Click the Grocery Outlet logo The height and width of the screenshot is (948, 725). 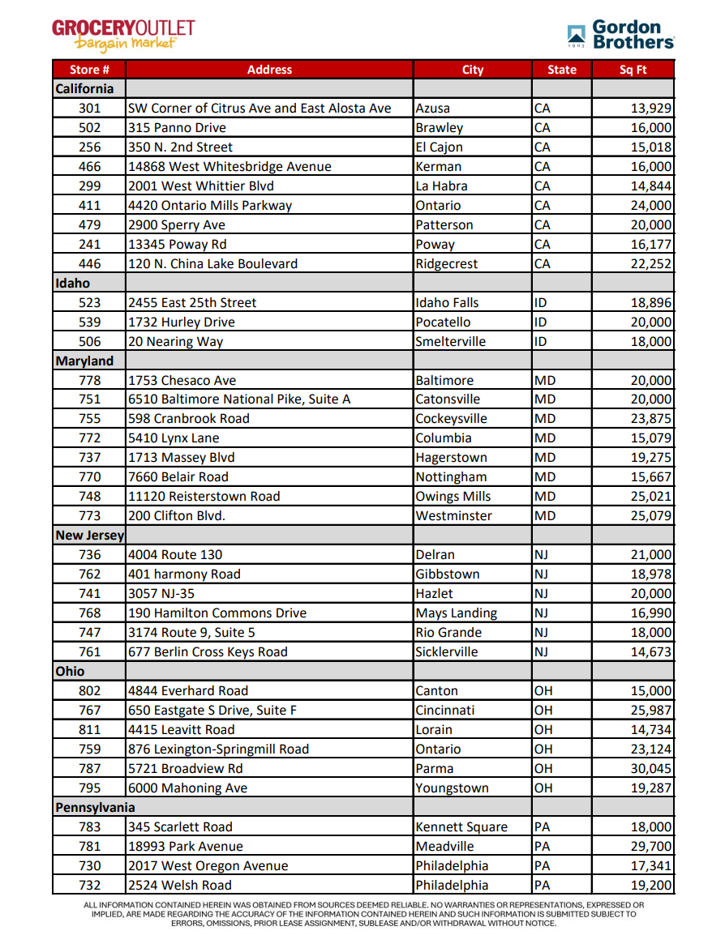pos(123,34)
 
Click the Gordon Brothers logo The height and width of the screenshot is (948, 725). pos(620,35)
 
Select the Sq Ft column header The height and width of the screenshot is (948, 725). pos(633,70)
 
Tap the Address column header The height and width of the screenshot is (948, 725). pos(269,70)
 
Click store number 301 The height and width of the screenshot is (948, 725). pos(90,109)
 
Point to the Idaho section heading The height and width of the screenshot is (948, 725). pos(73,284)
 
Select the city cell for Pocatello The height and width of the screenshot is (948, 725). pos(443,322)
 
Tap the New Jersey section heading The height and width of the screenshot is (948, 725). pos(89,536)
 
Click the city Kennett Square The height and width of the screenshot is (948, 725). pos(461,827)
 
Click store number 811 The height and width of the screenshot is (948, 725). pos(90,730)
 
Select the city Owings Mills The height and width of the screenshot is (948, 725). pos(453,497)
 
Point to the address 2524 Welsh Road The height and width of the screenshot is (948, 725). pos(180,886)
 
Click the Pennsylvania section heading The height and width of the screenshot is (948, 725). pos(95,808)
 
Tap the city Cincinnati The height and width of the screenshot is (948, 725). pos(445,711)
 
